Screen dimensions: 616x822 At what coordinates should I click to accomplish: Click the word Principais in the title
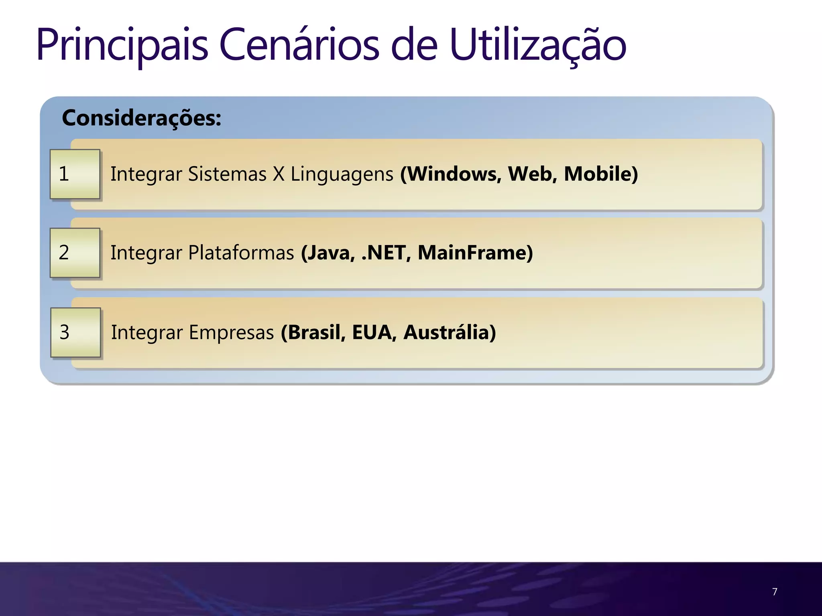coord(122,45)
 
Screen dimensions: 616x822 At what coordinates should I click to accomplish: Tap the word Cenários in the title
coord(299,45)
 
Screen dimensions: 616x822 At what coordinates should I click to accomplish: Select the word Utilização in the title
coord(538,45)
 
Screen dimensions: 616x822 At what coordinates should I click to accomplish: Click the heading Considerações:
coord(142,118)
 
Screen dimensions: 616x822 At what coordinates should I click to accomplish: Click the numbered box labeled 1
coord(75,174)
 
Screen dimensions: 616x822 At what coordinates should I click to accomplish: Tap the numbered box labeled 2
coord(75,253)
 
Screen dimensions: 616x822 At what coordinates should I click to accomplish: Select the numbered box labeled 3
coord(75,332)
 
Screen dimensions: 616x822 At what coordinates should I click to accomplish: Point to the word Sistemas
coord(227,174)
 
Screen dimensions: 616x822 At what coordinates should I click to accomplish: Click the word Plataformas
coord(241,253)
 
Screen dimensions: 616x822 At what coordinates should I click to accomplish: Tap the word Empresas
coord(232,332)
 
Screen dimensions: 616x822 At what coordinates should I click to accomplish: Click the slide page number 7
coord(775,592)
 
